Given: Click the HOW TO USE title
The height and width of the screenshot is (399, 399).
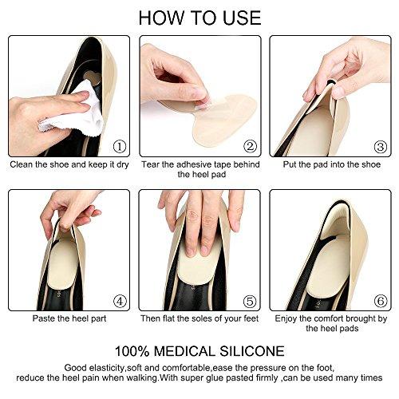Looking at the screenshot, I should (199, 18).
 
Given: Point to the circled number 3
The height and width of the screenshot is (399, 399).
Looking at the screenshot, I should (379, 146).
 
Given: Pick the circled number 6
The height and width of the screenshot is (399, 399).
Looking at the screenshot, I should (379, 301).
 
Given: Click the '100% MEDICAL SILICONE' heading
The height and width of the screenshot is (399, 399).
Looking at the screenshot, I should (199, 352).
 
